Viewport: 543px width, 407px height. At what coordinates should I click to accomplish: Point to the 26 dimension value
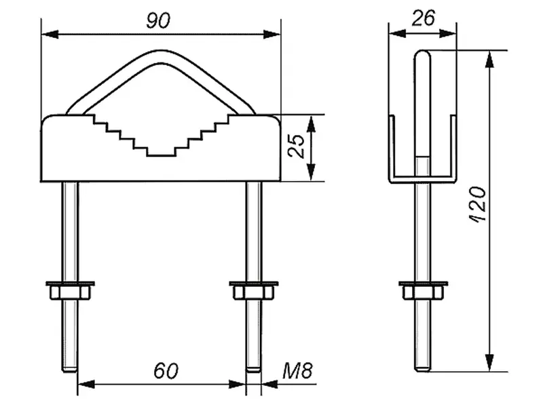(x=423, y=18)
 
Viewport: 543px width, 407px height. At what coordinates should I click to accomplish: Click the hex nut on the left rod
(x=70, y=292)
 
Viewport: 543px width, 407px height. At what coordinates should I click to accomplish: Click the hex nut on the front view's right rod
(x=253, y=292)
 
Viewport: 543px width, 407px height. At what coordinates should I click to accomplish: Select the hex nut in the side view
(x=422, y=292)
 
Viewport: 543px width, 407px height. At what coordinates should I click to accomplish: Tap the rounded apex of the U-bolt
(x=160, y=57)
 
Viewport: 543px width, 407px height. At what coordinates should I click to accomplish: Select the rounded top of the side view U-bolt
(x=422, y=54)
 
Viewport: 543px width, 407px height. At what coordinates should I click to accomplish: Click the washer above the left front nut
(x=70, y=282)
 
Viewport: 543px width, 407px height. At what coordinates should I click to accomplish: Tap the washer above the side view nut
(x=422, y=282)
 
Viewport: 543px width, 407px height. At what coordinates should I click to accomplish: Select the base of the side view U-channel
(x=422, y=178)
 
